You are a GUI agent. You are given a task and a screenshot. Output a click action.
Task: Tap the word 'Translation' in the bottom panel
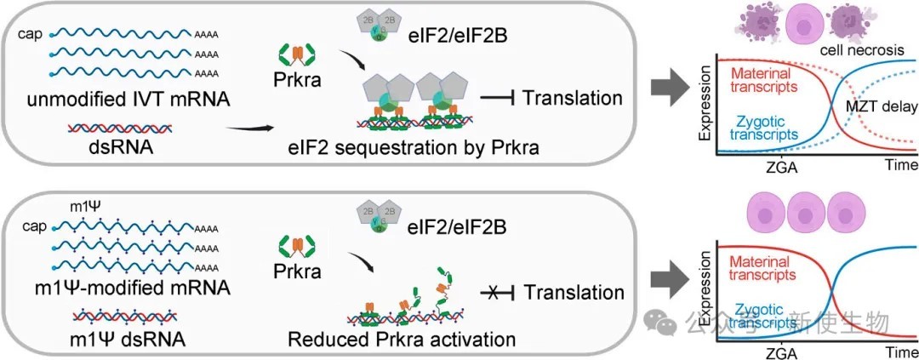572,291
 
